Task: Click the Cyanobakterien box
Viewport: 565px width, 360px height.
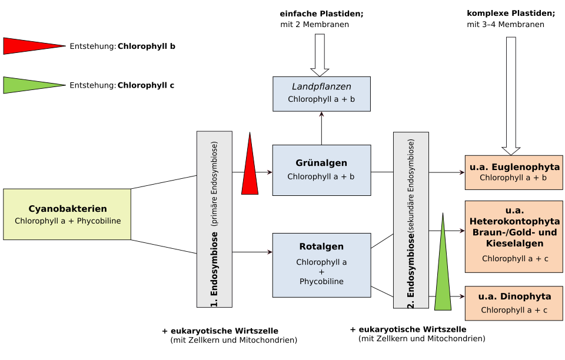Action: point(67,214)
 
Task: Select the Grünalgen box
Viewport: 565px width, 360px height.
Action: point(321,170)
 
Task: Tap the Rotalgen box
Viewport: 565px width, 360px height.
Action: point(321,265)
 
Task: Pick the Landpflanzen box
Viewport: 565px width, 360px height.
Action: point(321,94)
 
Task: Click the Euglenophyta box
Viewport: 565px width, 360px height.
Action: point(514,172)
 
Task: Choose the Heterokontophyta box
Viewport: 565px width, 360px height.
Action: point(514,236)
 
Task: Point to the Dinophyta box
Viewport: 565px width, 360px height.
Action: point(514,303)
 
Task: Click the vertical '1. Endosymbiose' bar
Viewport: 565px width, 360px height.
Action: point(214,219)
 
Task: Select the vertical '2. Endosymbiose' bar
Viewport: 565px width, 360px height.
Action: point(411,221)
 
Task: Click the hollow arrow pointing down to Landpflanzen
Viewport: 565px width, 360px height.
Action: point(320,55)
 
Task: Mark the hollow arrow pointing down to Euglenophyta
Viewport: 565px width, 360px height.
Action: point(511,96)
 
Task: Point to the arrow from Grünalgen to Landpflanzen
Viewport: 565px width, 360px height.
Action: point(321,128)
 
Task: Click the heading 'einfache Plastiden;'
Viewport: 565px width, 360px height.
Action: point(321,14)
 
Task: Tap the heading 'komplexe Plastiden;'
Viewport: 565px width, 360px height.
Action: point(511,14)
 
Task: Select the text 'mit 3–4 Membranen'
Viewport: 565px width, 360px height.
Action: point(506,25)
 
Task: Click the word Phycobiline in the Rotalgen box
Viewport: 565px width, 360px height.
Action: point(321,282)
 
